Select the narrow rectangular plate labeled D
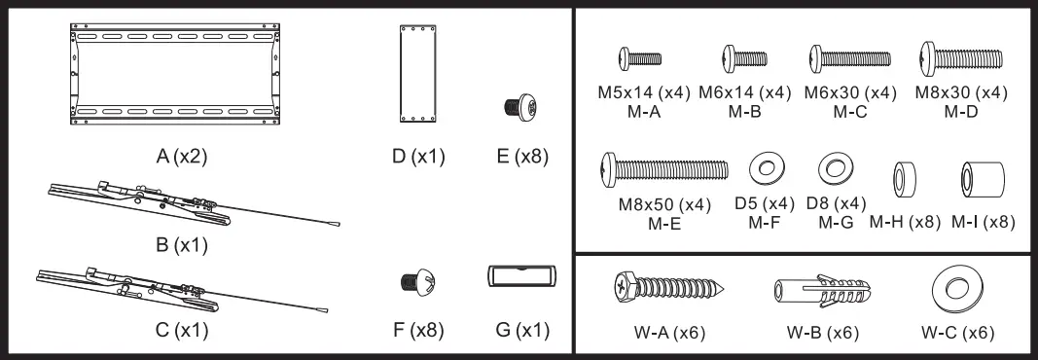[415, 74]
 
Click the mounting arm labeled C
[146, 290]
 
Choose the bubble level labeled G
[520, 276]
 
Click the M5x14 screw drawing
[641, 58]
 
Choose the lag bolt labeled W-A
[670, 289]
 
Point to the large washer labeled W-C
[956, 288]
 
